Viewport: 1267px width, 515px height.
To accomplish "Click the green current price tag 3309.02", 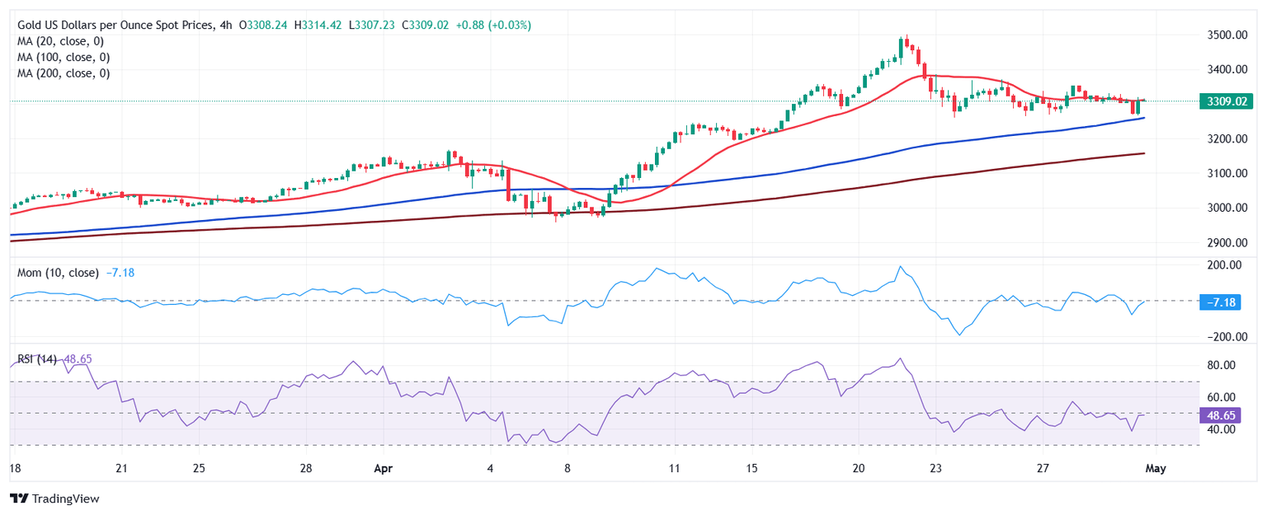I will click(x=1217, y=101).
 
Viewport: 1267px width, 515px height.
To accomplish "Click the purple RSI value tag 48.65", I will click(x=1218, y=414).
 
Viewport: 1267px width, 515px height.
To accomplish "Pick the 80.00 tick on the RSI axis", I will click(x=1218, y=365).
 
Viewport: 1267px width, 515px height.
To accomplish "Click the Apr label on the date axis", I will click(x=381, y=468).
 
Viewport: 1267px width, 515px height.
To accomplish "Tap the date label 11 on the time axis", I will click(x=674, y=468).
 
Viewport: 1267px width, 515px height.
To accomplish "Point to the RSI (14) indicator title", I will click(x=37, y=359).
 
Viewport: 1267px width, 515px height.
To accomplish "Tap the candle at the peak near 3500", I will click(x=906, y=43).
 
